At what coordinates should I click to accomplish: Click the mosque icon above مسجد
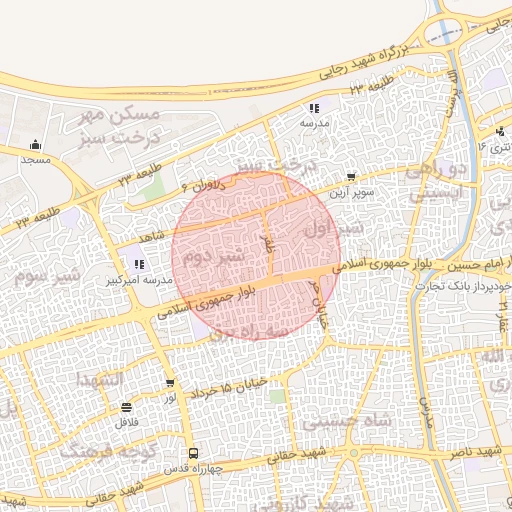[36, 144]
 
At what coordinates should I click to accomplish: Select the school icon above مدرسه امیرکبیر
[138, 265]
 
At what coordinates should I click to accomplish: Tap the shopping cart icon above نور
[170, 383]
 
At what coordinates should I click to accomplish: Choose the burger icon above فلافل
[126, 407]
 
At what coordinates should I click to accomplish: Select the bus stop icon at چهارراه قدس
[194, 452]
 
